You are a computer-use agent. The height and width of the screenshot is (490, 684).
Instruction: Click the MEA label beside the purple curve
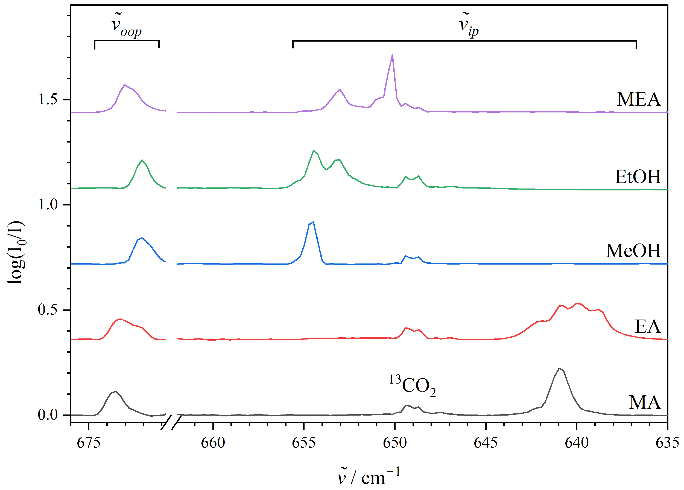[x=638, y=99]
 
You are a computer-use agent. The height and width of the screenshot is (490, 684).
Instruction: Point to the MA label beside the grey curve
[x=645, y=402]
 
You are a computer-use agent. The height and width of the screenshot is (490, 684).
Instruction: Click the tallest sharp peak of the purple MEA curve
[x=392, y=56]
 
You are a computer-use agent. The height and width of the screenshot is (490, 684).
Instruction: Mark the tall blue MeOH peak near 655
[x=313, y=223]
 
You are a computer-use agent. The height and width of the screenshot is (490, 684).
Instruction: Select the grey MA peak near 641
[x=559, y=369]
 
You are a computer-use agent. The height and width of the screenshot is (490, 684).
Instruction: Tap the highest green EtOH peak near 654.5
[x=314, y=150]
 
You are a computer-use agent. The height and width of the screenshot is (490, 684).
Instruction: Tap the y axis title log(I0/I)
[x=16, y=253]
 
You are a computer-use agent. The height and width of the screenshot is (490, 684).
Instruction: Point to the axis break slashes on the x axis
[x=171, y=422]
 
